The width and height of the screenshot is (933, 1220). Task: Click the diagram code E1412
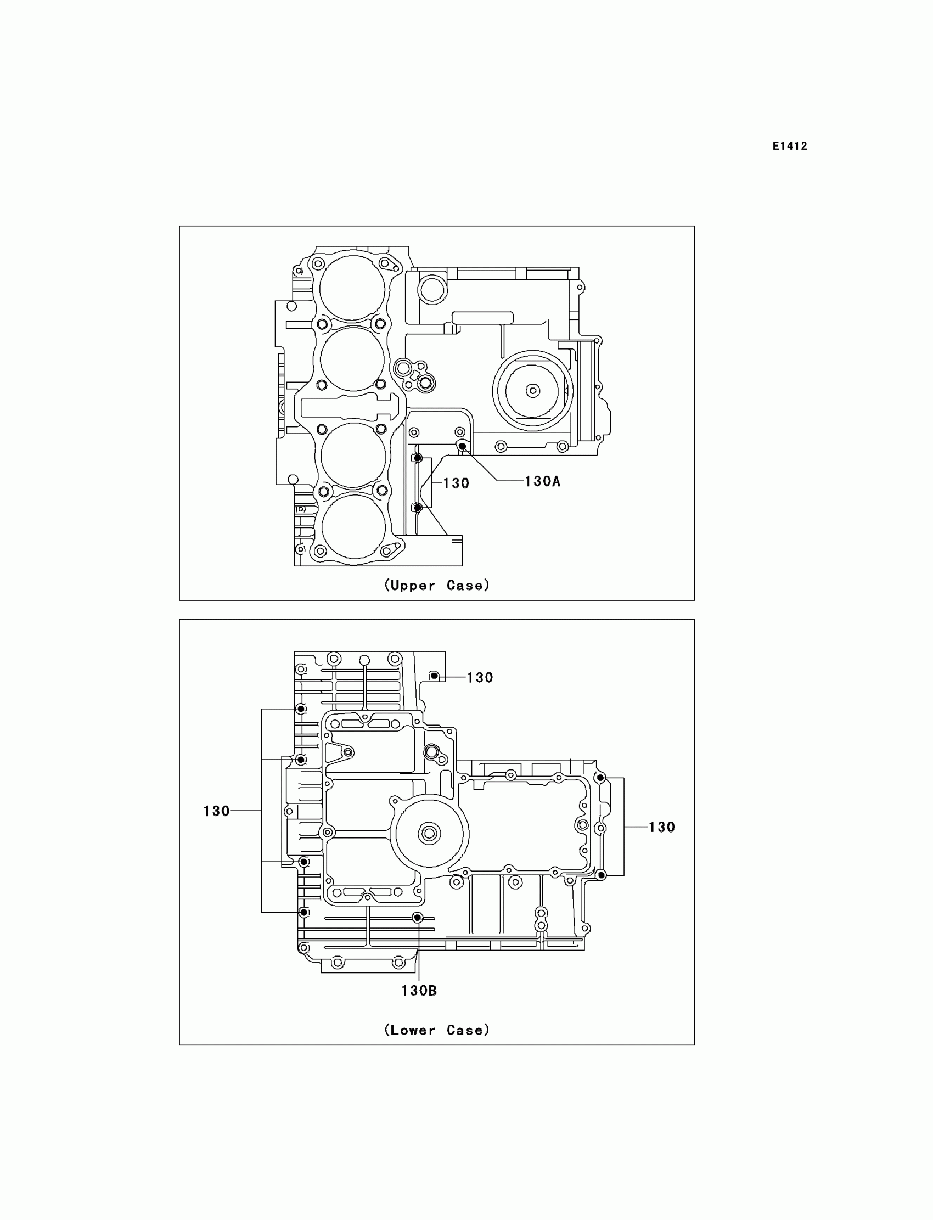coord(790,146)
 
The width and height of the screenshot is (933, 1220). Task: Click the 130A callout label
coord(542,481)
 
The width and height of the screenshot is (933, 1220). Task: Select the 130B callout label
coord(419,991)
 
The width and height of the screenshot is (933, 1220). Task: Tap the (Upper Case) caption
coord(436,585)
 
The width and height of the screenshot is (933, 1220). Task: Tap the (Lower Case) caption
coord(436,1030)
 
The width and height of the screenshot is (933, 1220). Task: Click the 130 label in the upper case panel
coord(456,483)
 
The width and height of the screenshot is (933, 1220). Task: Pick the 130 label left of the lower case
coord(217,811)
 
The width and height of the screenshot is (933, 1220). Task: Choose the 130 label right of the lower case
coord(661,827)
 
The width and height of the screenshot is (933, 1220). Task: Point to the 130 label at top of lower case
coord(480,677)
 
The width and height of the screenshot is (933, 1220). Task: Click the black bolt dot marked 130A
coord(462,446)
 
